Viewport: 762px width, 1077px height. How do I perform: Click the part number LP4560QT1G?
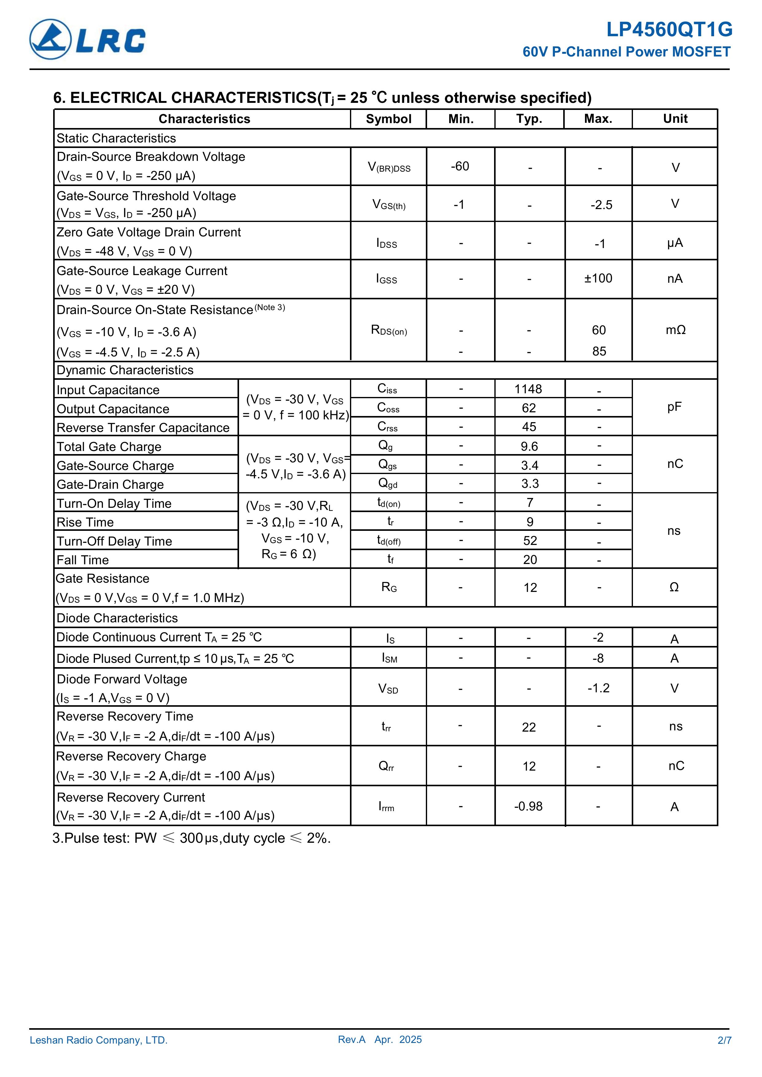point(669,29)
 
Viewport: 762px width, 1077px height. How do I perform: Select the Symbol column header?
point(388,119)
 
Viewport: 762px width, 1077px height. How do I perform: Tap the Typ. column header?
point(529,119)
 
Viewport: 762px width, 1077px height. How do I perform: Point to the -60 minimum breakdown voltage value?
point(460,166)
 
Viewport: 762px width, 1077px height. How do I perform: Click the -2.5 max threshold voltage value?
point(601,205)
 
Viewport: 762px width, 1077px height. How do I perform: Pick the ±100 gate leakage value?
point(598,279)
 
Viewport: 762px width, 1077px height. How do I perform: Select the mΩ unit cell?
point(675,330)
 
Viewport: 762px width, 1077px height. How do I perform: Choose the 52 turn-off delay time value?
point(530,541)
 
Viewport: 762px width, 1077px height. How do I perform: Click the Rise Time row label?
point(85,523)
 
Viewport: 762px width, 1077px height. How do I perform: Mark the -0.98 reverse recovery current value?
point(528,806)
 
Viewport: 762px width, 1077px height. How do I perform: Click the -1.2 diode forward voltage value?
point(598,688)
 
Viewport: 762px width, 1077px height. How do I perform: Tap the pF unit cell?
point(674,407)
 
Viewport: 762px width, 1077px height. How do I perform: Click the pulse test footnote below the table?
point(191,838)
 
